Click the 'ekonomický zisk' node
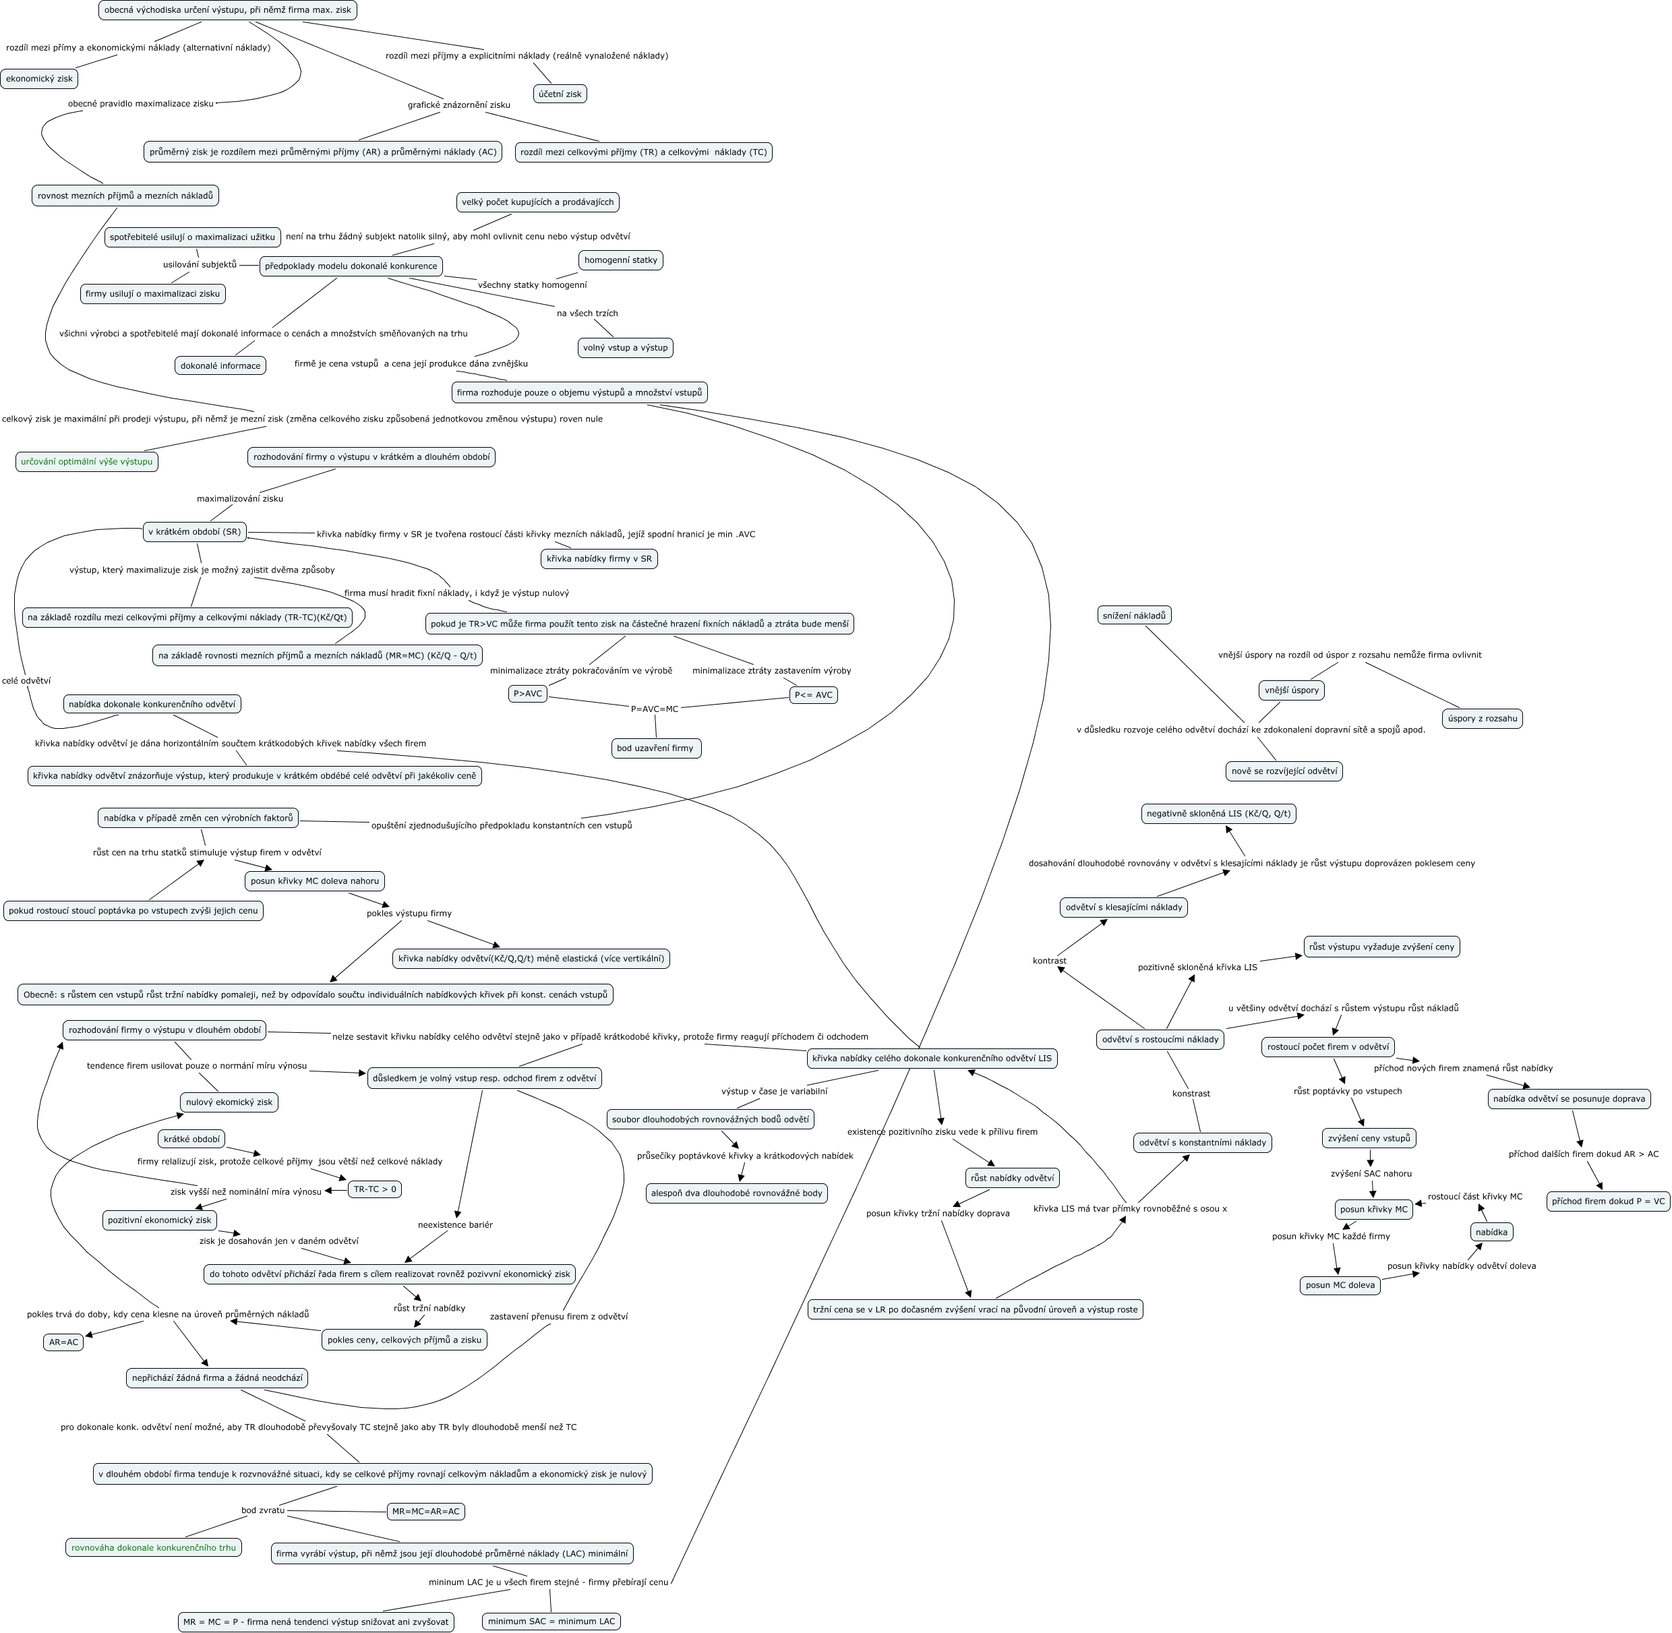40,79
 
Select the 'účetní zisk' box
560,94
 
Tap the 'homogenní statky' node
621,260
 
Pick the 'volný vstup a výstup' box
625,347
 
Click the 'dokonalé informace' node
220,365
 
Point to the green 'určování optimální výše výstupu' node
86,461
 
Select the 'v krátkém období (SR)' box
195,532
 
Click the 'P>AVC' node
527,693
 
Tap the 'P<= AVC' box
813,694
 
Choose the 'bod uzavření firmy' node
656,748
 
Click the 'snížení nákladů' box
1133,615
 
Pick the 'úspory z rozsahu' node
1482,718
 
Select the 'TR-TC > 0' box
375,1189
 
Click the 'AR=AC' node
63,1342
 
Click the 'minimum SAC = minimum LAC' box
551,1621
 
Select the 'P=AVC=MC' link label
654,709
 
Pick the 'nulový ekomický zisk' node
229,1102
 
